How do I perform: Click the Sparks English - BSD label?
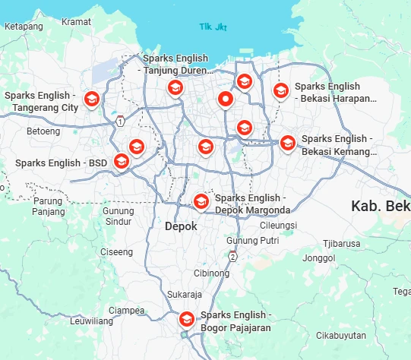point(62,163)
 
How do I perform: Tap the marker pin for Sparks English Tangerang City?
point(92,99)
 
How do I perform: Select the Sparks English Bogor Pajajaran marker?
point(186,318)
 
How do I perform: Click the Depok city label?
point(181,226)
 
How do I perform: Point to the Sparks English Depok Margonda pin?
point(201,201)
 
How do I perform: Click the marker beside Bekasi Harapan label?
point(280,91)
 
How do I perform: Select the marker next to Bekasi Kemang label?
point(287,143)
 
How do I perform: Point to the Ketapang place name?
point(24,26)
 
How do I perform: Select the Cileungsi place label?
point(278,226)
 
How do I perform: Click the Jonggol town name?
point(319,258)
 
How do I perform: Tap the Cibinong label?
point(211,273)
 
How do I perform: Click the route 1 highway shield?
point(120,121)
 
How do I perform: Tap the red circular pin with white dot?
point(226,99)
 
